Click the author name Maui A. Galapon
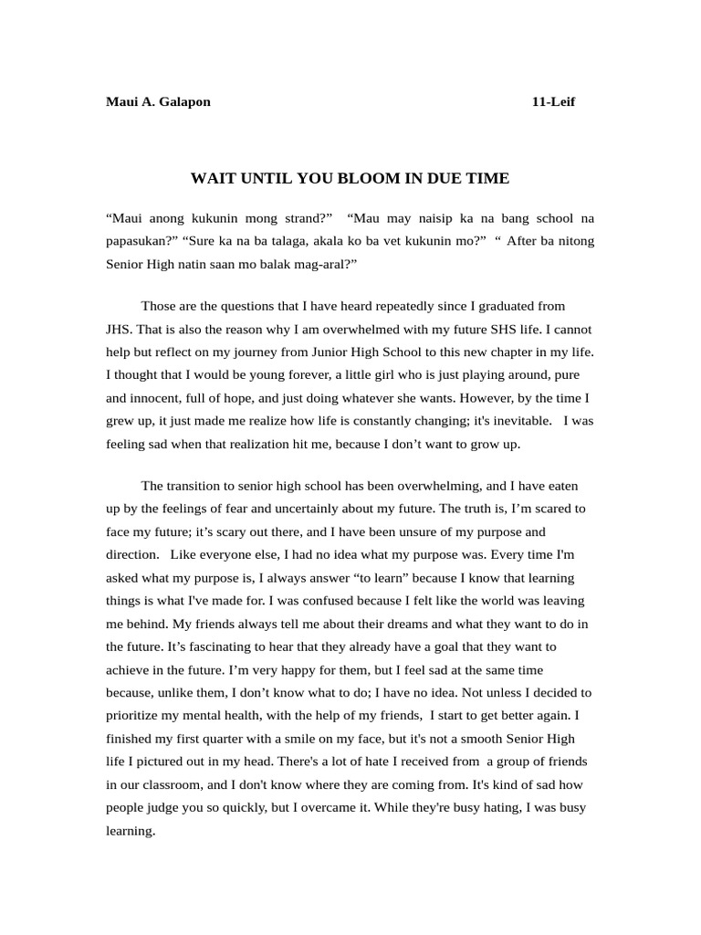(158, 101)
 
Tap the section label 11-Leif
(553, 101)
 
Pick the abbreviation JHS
(119, 329)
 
